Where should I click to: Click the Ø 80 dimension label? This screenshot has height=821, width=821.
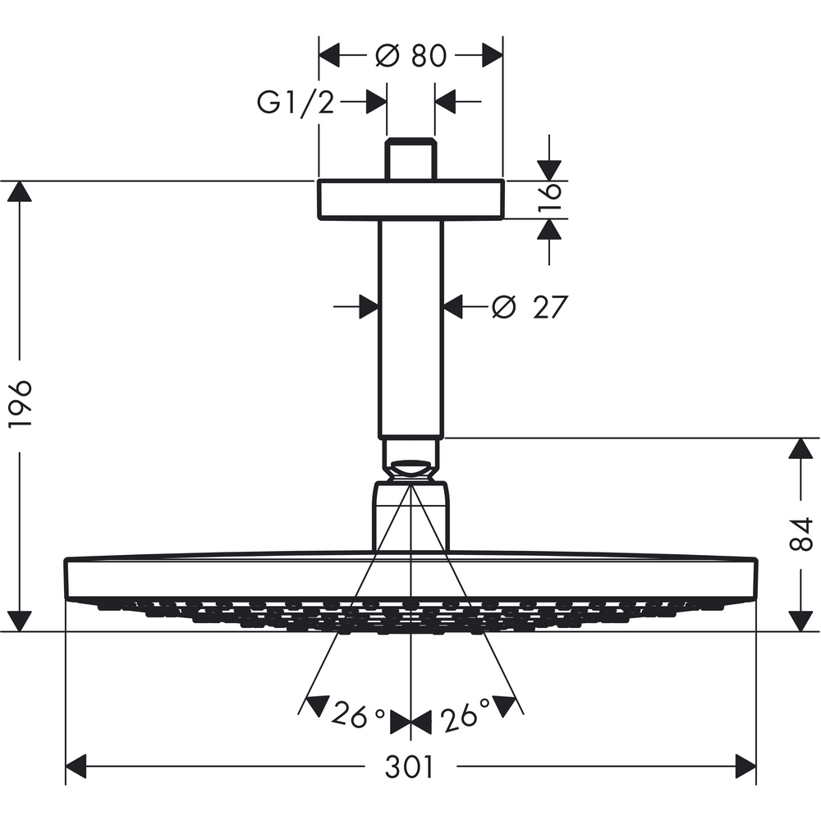coord(410,56)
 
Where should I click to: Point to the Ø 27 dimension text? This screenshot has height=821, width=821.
coord(529,307)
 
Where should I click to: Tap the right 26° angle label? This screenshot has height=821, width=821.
coord(464,716)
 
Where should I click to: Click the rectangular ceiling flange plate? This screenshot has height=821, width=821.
coord(410,200)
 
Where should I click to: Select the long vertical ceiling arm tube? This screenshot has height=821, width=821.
coord(410,328)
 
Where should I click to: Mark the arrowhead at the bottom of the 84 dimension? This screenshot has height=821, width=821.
coord(800,620)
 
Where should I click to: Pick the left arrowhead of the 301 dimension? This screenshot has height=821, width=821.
coord(77,768)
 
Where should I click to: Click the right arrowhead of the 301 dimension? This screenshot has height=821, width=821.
coord(744,768)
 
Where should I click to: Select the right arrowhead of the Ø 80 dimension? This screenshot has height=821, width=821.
coord(490,56)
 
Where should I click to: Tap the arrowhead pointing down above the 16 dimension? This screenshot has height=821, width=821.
coord(549,169)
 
